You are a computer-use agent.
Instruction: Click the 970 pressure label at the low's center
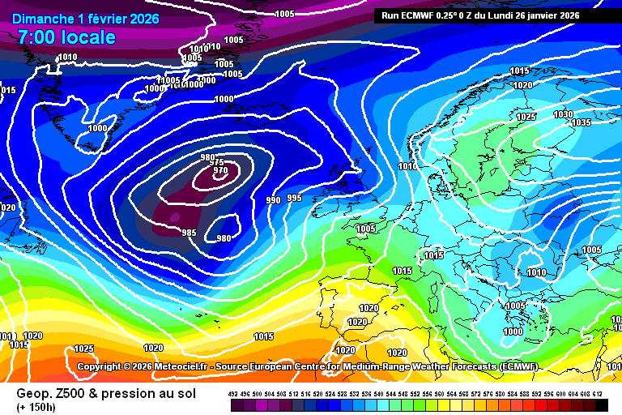point(220,171)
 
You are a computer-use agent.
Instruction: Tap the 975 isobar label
point(217,163)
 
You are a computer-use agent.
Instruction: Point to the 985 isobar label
point(189,233)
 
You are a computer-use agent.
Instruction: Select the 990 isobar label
point(274,200)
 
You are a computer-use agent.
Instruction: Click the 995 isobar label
point(294,198)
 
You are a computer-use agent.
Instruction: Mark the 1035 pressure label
point(581,123)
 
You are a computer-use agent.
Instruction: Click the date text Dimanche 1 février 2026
point(86,19)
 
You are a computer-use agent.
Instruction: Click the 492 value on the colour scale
point(234,393)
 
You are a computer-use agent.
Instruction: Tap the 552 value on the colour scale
point(415,393)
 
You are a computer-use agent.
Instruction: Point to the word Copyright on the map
point(103,366)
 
